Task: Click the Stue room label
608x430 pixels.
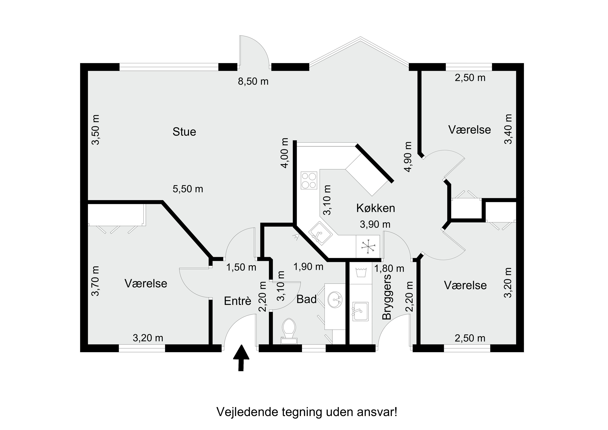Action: coord(184,132)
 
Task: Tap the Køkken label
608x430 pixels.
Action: coord(376,208)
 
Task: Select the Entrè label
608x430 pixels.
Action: coord(237,301)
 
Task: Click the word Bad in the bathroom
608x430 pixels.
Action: coord(306,299)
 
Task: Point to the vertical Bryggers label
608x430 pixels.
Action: coord(387,297)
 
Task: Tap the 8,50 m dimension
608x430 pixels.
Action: coord(253,81)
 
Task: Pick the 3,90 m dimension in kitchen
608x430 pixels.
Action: coord(375,224)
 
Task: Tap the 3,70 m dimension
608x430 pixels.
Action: coord(95,281)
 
